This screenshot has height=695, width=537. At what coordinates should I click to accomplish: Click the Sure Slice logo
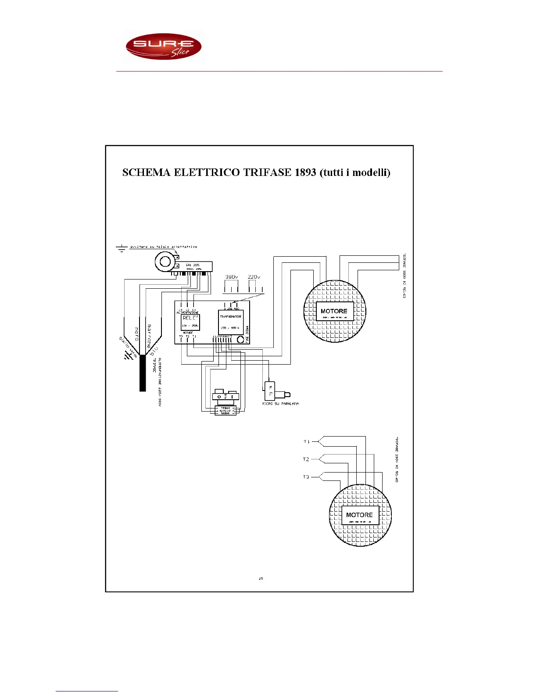pos(163,47)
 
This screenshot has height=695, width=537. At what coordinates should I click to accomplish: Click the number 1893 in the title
pos(305,172)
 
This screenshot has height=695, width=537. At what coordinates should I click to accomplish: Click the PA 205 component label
pos(193,265)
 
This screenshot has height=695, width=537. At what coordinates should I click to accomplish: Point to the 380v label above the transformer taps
pos(231,277)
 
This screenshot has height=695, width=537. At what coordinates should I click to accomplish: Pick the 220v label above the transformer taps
pos(254,277)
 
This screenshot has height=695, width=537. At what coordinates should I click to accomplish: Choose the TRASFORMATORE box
pos(231,322)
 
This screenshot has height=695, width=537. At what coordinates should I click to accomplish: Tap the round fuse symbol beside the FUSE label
pos(240,339)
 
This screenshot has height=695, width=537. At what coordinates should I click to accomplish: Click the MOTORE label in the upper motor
pos(334,311)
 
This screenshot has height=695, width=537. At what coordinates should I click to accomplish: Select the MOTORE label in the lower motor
pos(359,515)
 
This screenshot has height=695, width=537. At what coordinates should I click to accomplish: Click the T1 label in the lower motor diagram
pos(306,441)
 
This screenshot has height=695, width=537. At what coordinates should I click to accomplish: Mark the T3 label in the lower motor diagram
pos(306,477)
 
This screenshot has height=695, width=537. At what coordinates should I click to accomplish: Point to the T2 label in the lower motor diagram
pos(306,459)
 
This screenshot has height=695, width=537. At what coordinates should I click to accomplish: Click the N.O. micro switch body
pos(270,390)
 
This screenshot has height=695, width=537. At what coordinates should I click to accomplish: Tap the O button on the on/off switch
pos(219,397)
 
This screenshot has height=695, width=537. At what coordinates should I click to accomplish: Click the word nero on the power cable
pos(136,334)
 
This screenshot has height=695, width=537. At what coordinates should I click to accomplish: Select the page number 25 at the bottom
pos(261,578)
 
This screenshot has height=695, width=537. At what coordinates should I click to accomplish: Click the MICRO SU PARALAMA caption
pos(280,404)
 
